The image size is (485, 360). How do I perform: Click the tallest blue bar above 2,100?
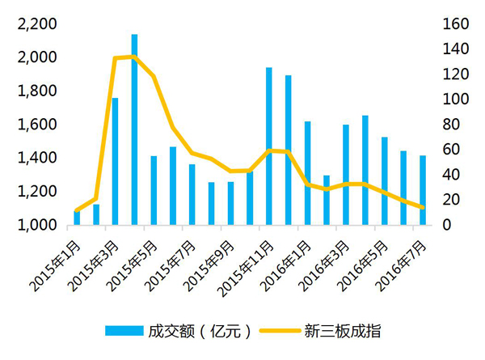coord(134,129)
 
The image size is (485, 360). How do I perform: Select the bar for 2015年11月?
coord(269,146)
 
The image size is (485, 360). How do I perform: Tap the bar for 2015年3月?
coord(115,161)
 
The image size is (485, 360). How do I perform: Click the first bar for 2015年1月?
coord(77,218)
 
